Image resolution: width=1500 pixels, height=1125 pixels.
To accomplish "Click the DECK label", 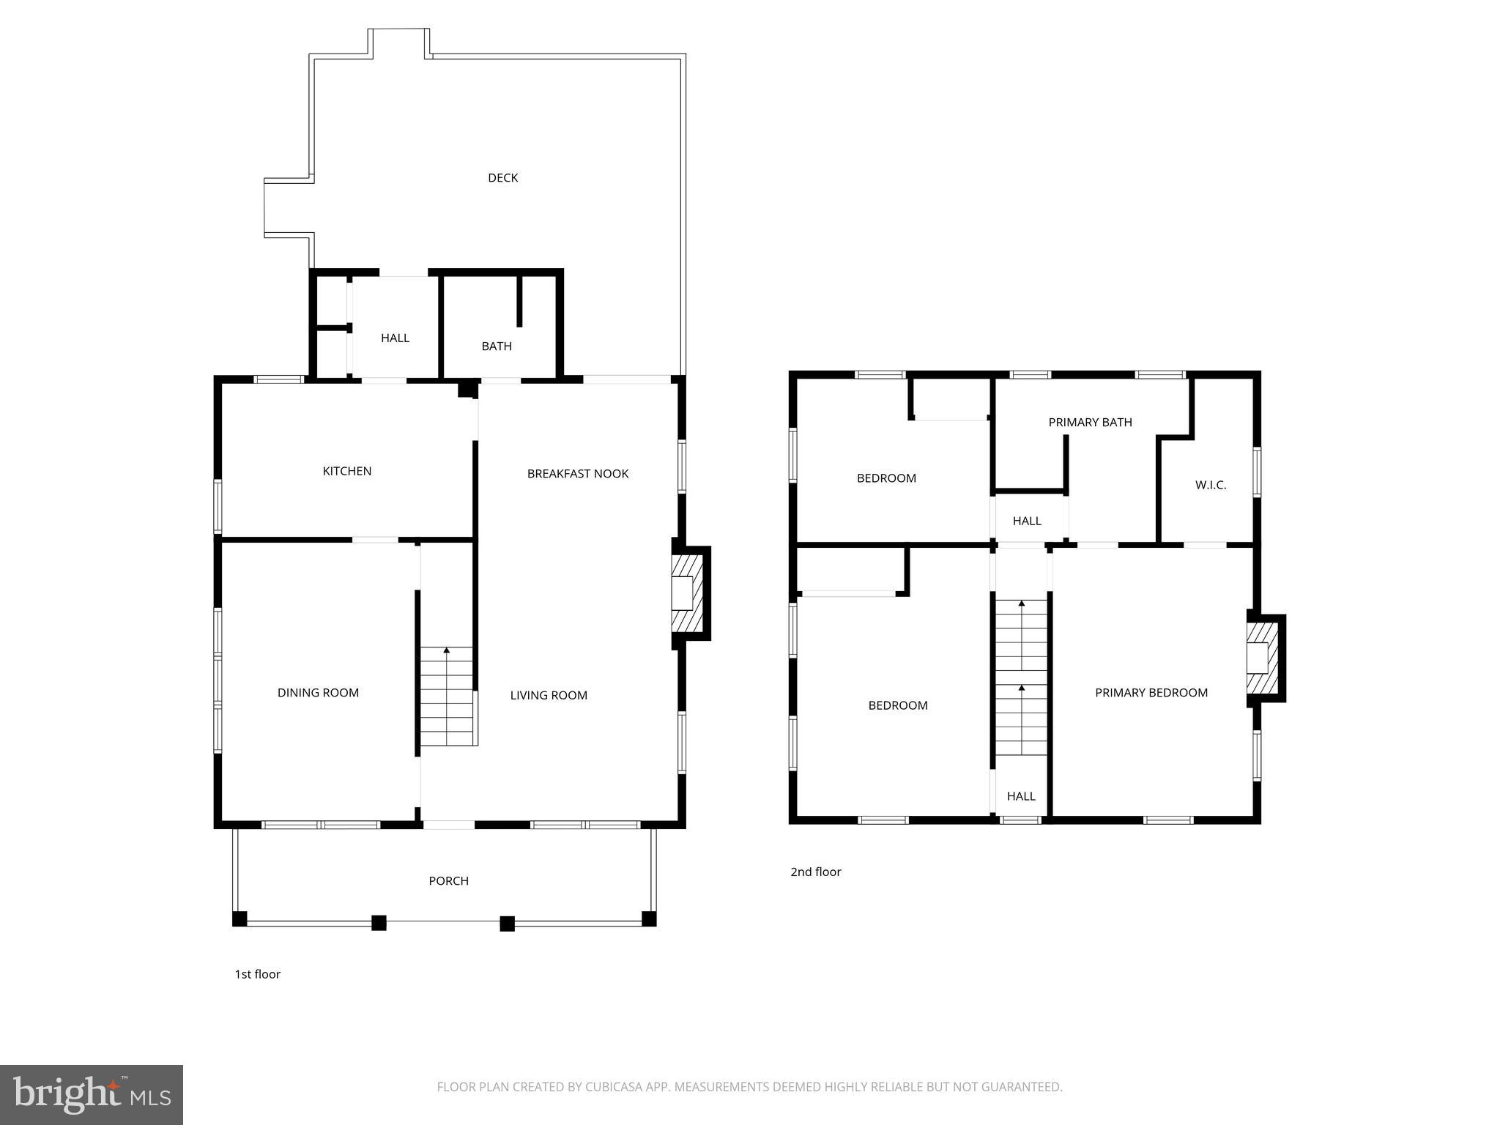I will click(x=502, y=178).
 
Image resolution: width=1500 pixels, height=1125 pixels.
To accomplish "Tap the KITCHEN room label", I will click(x=347, y=471).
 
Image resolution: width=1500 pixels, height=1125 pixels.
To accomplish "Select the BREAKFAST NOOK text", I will click(x=578, y=474).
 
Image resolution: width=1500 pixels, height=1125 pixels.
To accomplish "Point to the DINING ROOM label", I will click(x=318, y=693).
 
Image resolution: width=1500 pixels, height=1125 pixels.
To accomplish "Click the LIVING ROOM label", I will click(x=549, y=695).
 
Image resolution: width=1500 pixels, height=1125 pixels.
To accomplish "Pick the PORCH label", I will click(x=448, y=881).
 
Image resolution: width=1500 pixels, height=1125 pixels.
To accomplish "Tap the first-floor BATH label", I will click(x=497, y=346).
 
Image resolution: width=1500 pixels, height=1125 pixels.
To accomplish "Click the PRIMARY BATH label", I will click(x=1090, y=423).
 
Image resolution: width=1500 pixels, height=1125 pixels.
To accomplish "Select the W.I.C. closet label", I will click(x=1211, y=485).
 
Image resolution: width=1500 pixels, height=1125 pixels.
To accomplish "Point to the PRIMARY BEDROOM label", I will click(x=1151, y=693).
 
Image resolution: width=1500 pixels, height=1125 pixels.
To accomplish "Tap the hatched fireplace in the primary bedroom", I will click(x=1263, y=658).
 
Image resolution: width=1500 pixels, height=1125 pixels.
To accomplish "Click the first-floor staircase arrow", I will click(x=447, y=650).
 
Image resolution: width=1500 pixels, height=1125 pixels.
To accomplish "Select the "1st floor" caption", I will click(x=257, y=974).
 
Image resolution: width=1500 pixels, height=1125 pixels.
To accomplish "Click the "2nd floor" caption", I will click(x=815, y=872).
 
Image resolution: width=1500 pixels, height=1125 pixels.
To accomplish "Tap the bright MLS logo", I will click(x=92, y=1095).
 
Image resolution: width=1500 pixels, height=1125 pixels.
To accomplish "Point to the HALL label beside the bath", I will click(x=395, y=338).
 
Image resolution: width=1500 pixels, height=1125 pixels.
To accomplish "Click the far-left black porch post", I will click(x=240, y=918).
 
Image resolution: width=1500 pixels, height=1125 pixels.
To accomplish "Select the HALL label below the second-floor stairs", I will click(x=1021, y=796).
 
